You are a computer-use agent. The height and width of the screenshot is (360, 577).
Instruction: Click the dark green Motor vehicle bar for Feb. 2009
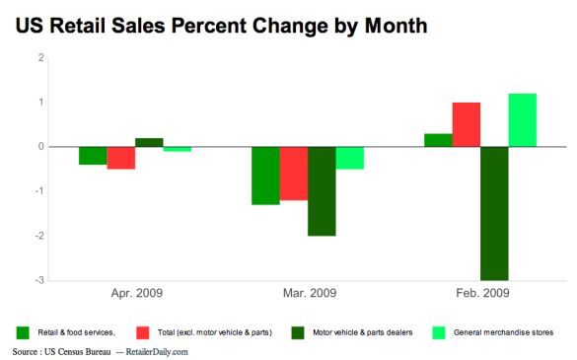point(494,213)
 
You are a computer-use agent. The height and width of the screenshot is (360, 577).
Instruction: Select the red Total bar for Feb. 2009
point(467,124)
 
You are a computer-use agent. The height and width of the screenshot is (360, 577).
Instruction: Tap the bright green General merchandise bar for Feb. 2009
point(522,120)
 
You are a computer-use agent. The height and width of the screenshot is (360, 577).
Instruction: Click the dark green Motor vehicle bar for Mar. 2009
point(322,191)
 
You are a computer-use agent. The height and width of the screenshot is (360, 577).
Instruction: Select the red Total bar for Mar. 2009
point(294,174)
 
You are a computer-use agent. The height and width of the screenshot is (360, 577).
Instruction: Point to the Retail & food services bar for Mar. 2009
point(265,176)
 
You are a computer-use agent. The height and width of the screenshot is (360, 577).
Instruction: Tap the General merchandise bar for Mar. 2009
point(349,158)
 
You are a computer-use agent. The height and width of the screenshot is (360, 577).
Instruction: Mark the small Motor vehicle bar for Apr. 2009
point(149,142)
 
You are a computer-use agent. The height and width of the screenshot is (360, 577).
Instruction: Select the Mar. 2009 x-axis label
point(308,293)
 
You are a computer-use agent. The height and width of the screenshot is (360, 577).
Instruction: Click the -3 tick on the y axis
point(40,281)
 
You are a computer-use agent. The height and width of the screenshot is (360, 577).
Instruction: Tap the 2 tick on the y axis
point(41,58)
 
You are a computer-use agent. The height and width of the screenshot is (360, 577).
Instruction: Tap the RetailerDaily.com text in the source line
point(154,351)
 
